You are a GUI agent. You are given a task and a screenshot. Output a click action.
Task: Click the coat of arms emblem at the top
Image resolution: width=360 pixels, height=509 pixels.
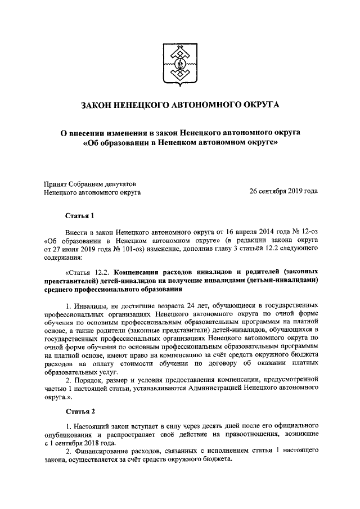click(x=180, y=59)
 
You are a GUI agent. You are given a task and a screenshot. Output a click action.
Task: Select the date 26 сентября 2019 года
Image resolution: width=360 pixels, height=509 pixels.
click(x=283, y=191)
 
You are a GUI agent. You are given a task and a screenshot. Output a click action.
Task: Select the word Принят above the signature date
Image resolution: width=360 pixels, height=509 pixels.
click(x=56, y=183)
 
